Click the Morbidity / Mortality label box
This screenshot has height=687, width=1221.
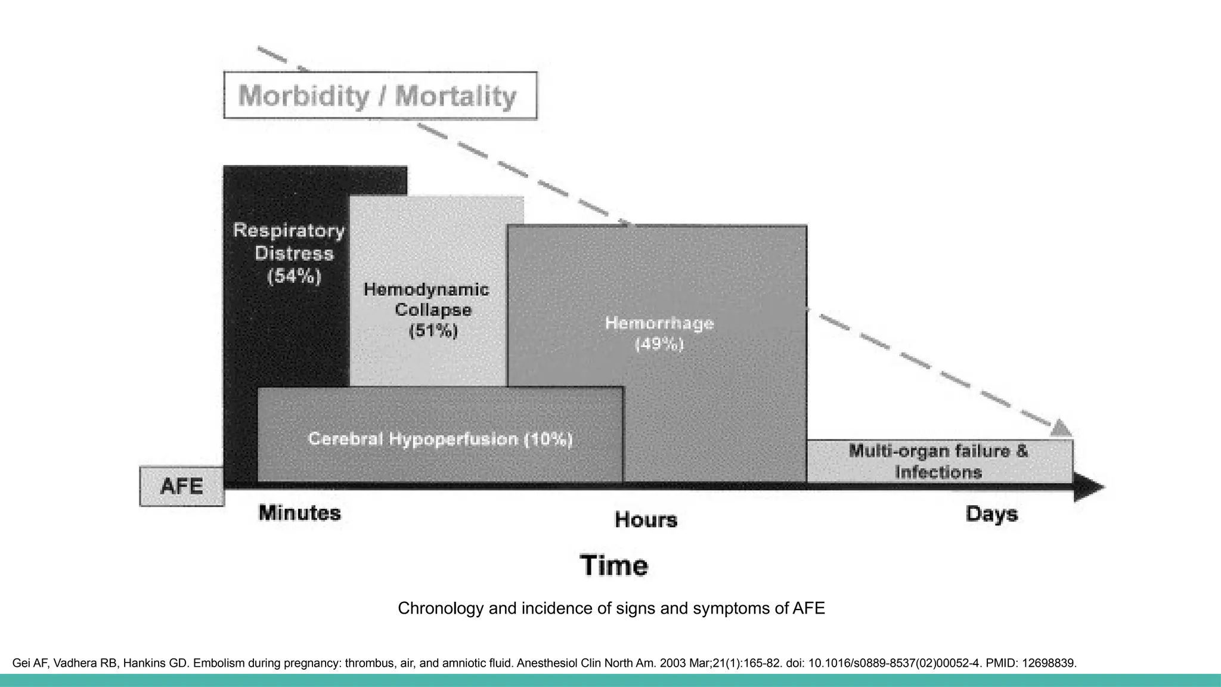point(380,95)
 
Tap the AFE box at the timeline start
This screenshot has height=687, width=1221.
point(182,486)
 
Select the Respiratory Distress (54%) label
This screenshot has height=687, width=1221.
point(289,253)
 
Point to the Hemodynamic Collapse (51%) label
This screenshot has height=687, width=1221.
point(426,310)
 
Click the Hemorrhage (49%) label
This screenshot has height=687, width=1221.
point(659,333)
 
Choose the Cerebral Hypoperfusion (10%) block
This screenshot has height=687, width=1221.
point(440,440)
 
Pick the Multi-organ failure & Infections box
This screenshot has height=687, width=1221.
point(938,461)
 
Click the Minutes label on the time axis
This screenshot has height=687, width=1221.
point(299,513)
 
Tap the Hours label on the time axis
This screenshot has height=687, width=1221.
point(646,519)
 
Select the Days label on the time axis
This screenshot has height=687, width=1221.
point(991,514)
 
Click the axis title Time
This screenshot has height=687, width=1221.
point(613,565)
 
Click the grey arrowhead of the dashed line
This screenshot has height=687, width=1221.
point(1061,428)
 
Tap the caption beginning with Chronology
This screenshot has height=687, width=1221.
point(611,608)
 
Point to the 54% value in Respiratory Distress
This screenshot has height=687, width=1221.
point(295,277)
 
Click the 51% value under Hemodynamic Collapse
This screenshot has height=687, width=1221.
point(433,330)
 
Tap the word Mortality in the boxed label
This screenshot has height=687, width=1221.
point(455,95)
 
